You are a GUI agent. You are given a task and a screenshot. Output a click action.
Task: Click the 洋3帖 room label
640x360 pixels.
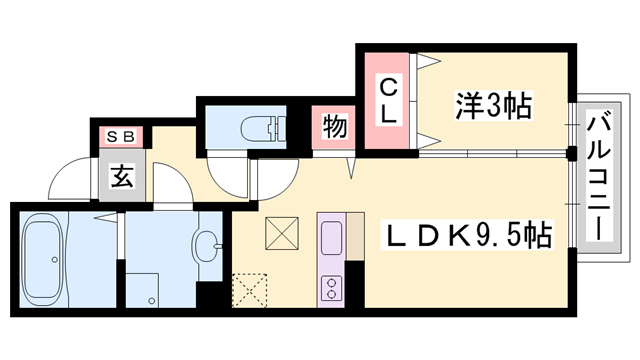click(494, 103)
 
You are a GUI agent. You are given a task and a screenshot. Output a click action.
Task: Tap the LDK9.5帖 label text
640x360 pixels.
click(468, 237)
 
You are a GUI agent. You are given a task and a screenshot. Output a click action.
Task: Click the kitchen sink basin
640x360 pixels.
click(331, 238)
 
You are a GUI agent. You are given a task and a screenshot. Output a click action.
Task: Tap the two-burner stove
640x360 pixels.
click(331, 287)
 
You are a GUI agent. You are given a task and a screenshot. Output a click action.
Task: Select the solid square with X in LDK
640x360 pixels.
click(280, 236)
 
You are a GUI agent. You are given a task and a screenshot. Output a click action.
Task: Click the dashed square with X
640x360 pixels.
click(249, 289)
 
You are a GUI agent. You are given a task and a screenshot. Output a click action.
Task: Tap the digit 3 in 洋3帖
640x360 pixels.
click(494, 103)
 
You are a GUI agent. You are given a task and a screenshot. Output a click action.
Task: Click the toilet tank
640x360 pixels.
click(279, 127)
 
